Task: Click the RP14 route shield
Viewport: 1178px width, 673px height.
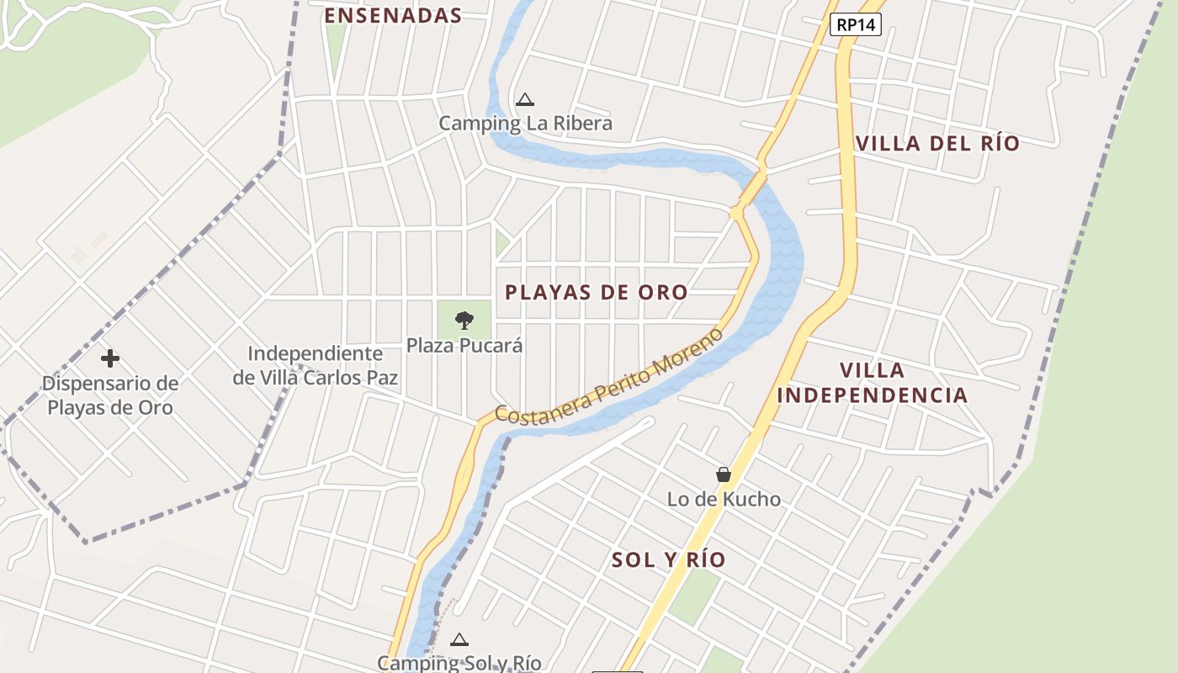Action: pos(856,25)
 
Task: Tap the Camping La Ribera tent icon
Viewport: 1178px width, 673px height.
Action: pos(525,100)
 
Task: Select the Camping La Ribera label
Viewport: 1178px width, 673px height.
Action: pos(525,124)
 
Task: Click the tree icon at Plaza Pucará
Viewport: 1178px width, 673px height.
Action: pos(464,320)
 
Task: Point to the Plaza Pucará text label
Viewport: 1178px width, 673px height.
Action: pos(464,345)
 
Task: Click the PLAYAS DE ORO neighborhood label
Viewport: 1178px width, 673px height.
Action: pos(596,293)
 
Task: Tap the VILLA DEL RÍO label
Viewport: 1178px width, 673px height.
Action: pos(937,143)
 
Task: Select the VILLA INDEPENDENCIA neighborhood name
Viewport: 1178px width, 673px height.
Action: pos(872,383)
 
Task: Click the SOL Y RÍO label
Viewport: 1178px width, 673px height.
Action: pos(668,560)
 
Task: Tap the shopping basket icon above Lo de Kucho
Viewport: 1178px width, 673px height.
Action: pos(724,474)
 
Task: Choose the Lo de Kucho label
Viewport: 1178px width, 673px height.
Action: pos(724,499)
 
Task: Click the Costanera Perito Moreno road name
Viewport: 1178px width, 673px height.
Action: pos(608,377)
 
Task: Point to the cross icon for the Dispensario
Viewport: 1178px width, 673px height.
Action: pos(110,358)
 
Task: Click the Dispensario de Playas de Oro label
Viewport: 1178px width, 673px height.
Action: pos(110,395)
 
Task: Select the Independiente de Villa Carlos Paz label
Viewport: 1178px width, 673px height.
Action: pos(316,365)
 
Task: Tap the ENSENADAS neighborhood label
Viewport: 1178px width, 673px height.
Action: pos(393,15)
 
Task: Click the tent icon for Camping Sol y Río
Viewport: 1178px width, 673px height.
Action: pos(459,639)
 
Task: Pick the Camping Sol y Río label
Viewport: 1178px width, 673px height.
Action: pos(459,663)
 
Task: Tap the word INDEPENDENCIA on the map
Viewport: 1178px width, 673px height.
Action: pos(872,395)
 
